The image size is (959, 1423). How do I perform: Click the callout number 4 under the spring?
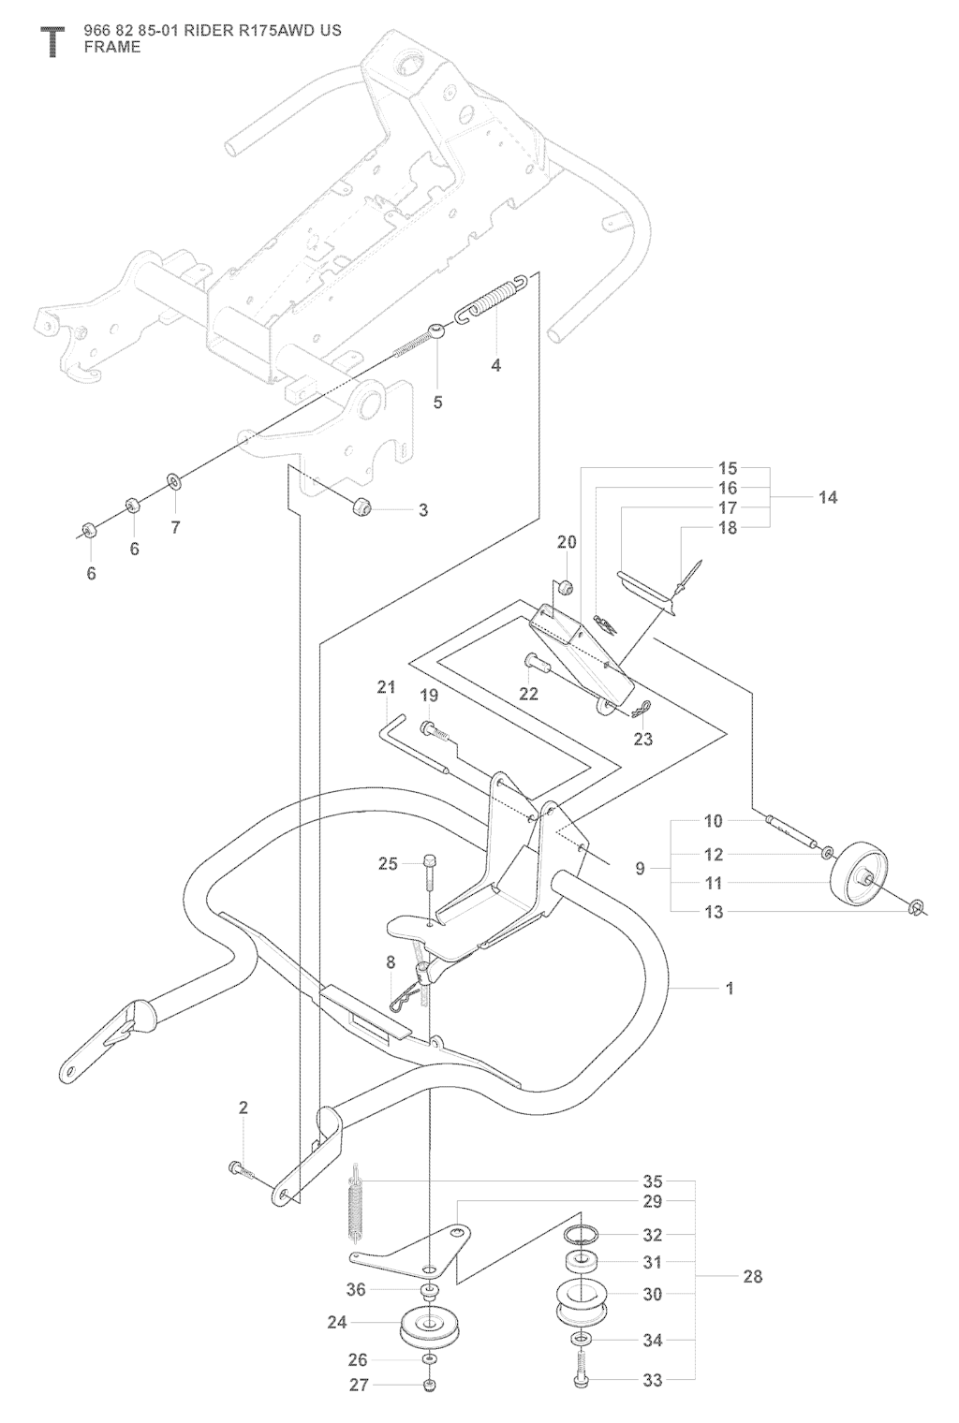496,366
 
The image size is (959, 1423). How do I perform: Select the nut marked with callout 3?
361,508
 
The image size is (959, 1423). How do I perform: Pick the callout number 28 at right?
752,1276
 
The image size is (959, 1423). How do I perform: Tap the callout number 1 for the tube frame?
730,988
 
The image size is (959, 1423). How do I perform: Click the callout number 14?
828,497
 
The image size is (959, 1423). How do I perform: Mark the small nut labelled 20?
566,587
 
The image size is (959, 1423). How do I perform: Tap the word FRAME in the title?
112,47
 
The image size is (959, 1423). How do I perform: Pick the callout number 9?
641,869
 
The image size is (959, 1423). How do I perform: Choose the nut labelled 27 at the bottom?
429,1385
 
